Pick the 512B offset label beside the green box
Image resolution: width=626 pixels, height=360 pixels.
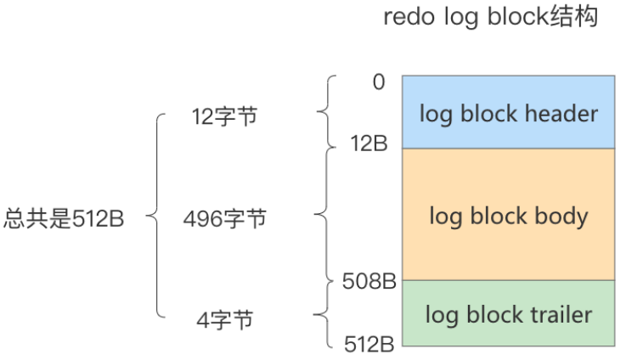[366, 345]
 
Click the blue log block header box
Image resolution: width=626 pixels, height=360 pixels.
[508, 112]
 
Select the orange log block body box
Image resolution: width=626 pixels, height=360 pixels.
[508, 215]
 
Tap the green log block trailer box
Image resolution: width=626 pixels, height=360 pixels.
[508, 313]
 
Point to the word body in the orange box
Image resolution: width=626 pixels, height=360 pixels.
[557, 216]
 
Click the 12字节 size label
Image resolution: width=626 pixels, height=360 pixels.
[224, 118]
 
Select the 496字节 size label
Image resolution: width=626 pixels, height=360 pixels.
[224, 219]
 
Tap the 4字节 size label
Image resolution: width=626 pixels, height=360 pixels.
[224, 320]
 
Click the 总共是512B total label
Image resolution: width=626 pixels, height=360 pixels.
[65, 219]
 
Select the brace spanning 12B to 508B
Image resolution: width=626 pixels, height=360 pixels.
[322, 214]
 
